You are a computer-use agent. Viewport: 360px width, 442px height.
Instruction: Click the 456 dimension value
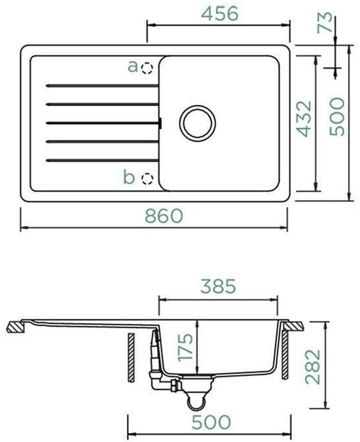219,14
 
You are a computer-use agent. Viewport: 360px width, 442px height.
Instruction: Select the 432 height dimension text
304,119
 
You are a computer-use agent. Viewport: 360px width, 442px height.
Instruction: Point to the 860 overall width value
164,216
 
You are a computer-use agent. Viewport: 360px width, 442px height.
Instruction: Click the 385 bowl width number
218,287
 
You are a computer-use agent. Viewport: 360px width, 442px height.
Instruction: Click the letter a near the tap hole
133,66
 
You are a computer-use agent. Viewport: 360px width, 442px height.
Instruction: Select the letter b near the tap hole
129,178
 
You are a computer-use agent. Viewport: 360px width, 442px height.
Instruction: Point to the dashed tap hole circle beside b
147,178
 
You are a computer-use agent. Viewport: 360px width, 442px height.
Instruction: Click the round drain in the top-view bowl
197,123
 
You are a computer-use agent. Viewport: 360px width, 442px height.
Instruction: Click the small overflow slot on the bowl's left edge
161,123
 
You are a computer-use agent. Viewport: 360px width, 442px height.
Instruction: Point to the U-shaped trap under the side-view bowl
194,402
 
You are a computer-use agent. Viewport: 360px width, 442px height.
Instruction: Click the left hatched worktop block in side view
15,327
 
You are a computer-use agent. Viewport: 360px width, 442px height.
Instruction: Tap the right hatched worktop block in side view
293,325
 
